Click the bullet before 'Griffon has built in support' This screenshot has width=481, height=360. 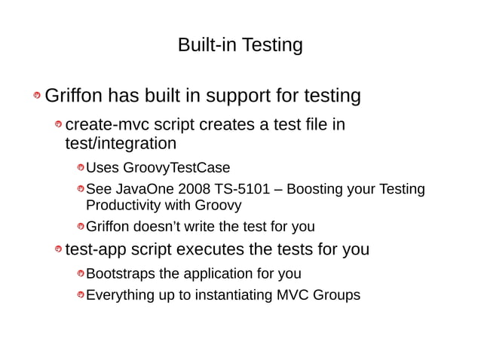coord(36,97)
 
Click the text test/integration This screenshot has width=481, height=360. coord(121,143)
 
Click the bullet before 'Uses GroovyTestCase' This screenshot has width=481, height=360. coord(80,168)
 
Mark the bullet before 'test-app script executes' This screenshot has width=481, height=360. coord(58,250)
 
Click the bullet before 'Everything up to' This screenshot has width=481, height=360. coord(80,295)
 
